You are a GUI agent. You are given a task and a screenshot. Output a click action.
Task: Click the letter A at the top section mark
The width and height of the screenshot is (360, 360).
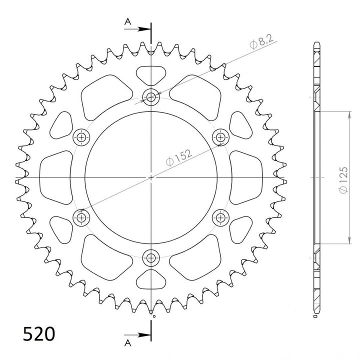[x=128, y=21]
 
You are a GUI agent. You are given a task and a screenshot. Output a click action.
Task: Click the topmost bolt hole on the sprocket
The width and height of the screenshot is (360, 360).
[x=150, y=97]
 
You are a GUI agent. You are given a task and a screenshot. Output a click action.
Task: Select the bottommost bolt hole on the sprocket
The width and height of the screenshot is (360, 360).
[x=150, y=258]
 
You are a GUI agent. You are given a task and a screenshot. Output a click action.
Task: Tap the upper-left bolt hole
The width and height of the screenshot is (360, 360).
[x=81, y=137]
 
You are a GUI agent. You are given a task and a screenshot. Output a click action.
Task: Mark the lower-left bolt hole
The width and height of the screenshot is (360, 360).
[x=81, y=217]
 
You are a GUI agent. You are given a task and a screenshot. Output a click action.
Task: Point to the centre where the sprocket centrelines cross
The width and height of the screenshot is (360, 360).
[x=150, y=177]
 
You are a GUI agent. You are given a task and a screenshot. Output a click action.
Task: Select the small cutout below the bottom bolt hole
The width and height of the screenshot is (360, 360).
[x=150, y=279]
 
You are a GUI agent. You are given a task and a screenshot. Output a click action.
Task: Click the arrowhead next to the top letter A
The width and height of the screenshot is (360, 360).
[x=145, y=28]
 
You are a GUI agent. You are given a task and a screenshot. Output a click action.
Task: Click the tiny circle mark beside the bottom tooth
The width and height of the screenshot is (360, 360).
[x=154, y=315]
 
